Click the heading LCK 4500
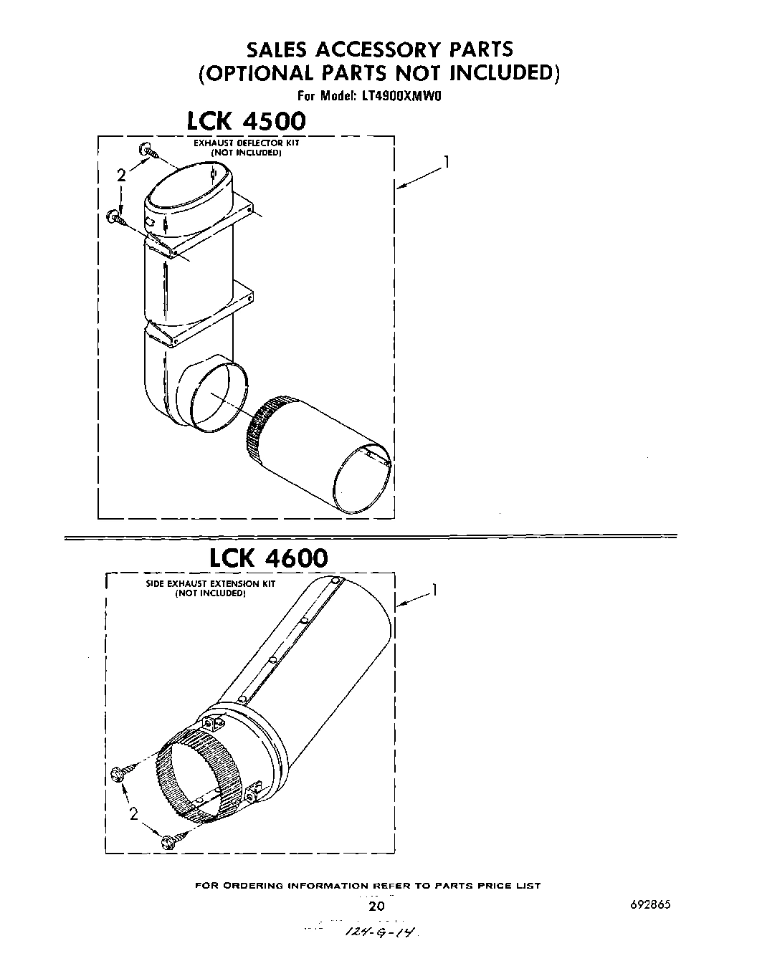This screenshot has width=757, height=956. click(x=246, y=120)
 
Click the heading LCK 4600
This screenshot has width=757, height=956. click(x=268, y=558)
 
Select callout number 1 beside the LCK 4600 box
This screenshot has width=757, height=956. click(x=434, y=591)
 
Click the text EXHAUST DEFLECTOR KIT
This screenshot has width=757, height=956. click(x=246, y=143)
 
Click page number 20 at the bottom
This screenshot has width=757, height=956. click(x=376, y=907)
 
